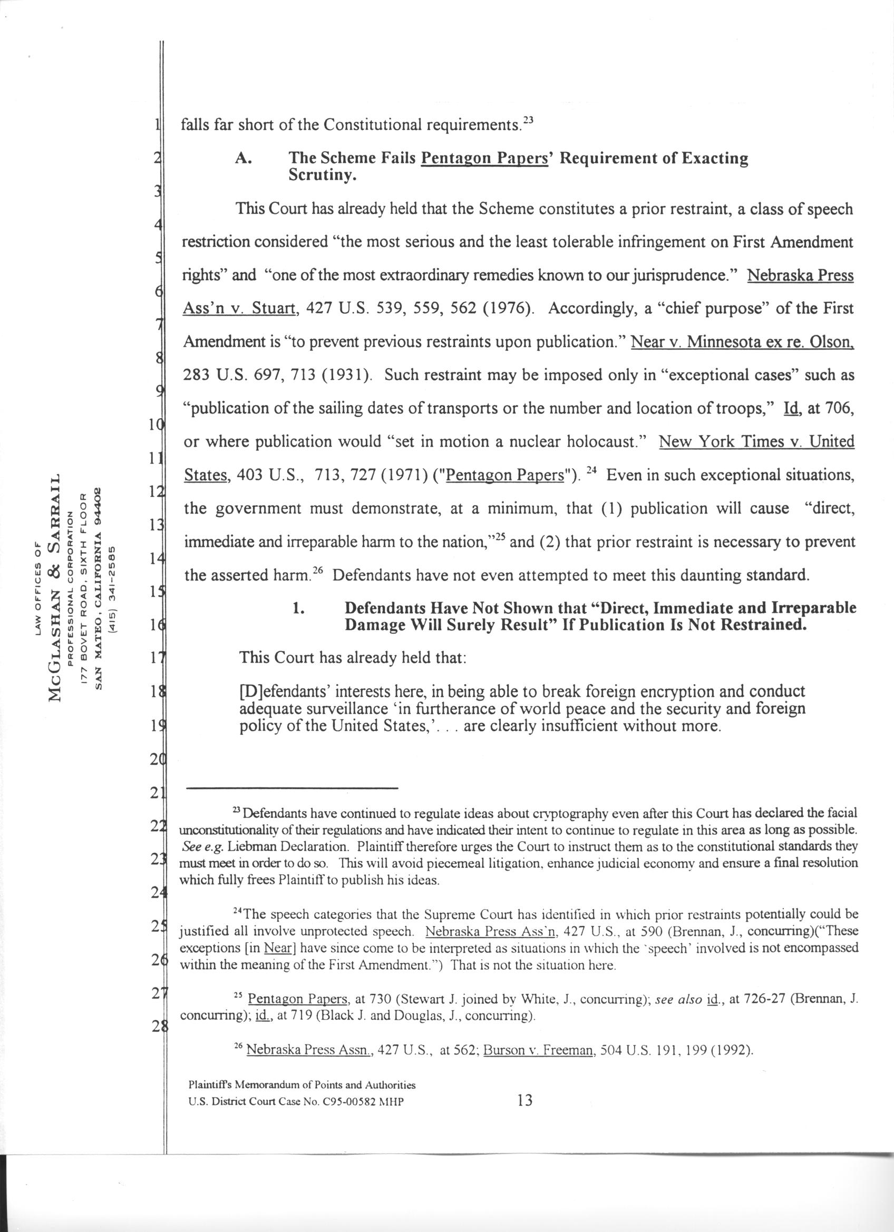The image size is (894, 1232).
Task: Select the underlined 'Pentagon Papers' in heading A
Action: tap(485, 159)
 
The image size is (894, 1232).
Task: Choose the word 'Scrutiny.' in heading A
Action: tap(322, 176)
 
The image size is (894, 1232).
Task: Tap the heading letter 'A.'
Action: tap(242, 159)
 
